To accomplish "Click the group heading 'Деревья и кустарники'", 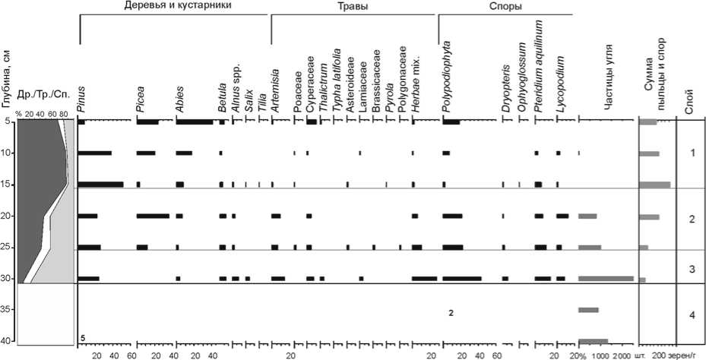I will (x=176, y=6).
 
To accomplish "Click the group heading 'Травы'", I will (x=353, y=6).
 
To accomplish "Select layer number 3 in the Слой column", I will (x=691, y=269).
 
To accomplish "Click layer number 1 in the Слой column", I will (x=691, y=153).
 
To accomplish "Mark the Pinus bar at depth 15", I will (x=101, y=185).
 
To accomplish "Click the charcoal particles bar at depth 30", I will (x=606, y=279).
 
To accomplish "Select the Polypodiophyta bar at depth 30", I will (x=461, y=279).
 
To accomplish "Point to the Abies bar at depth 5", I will (x=195, y=122).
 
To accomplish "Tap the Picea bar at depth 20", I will (x=154, y=216).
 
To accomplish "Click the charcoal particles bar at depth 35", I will (x=589, y=310).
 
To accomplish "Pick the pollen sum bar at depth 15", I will (x=655, y=185).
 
